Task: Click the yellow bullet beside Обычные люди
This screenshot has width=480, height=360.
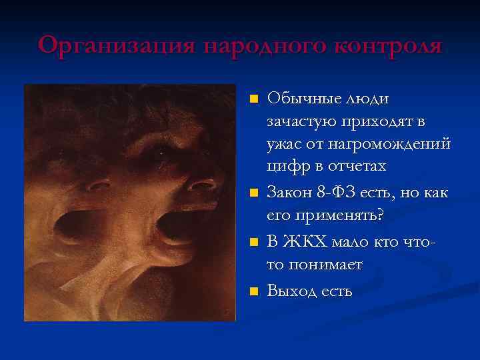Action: pyautogui.click(x=253, y=99)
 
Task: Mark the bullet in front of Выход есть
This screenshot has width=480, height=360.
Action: pyautogui.click(x=253, y=291)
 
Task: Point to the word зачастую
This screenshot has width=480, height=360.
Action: pyautogui.click(x=302, y=123)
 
